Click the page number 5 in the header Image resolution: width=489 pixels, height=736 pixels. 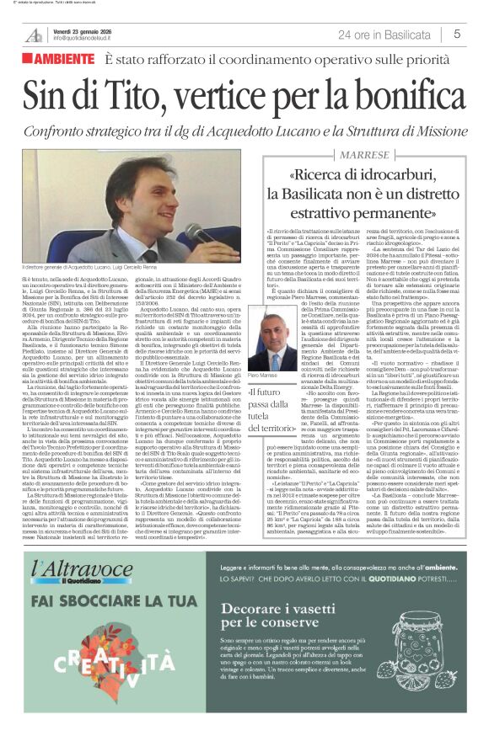point(456,34)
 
